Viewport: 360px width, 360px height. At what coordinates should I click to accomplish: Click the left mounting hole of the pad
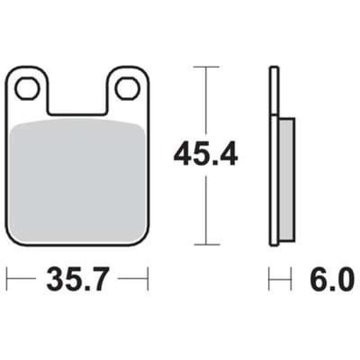click(x=28, y=88)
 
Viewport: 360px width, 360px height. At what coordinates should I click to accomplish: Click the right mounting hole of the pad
click(x=129, y=88)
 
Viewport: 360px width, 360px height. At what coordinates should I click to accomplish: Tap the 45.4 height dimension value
click(x=206, y=155)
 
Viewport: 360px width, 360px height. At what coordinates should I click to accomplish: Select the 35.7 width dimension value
click(x=76, y=280)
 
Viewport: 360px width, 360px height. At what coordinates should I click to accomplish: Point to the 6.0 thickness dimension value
click(x=331, y=280)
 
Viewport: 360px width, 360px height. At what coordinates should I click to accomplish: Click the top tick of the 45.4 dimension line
click(x=206, y=67)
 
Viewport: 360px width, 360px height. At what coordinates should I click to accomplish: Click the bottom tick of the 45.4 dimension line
click(x=206, y=245)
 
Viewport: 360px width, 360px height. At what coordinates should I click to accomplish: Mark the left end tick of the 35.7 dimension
click(x=7, y=279)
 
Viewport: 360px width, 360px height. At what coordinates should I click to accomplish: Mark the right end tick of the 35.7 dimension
click(x=148, y=279)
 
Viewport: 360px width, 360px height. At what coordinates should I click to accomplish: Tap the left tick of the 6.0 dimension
click(x=269, y=279)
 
